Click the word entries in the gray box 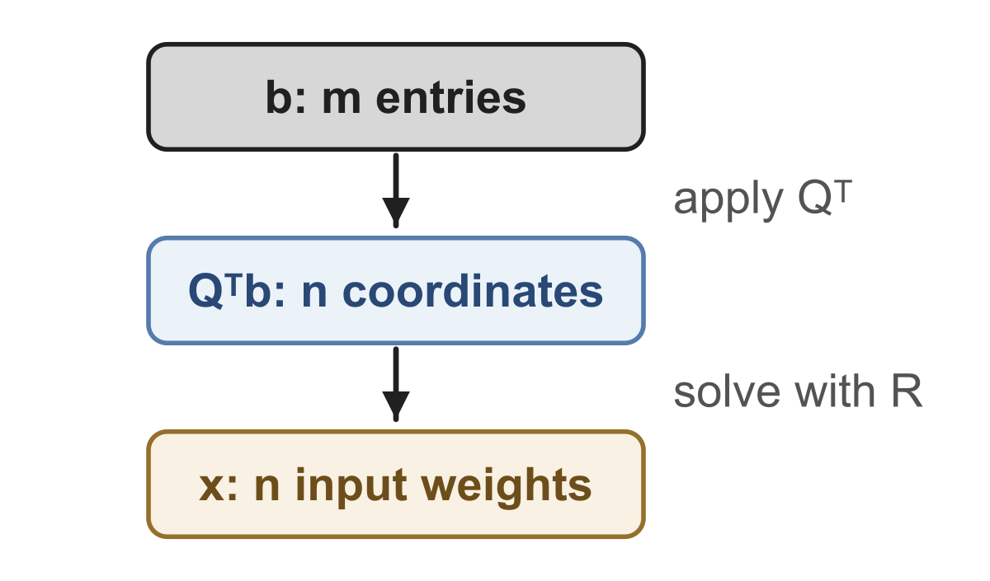pos(450,97)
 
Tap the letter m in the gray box pos(342,101)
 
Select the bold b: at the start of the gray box pos(285,97)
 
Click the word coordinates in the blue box pos(473,291)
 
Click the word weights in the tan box pos(506,486)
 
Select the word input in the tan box pos(351,487)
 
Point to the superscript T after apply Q pos(842,191)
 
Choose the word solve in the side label pos(727,392)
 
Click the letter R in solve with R pos(907,391)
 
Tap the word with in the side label pos(835,391)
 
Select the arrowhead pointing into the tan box pos(396,405)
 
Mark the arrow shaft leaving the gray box pos(396,176)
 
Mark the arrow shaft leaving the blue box pos(396,369)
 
